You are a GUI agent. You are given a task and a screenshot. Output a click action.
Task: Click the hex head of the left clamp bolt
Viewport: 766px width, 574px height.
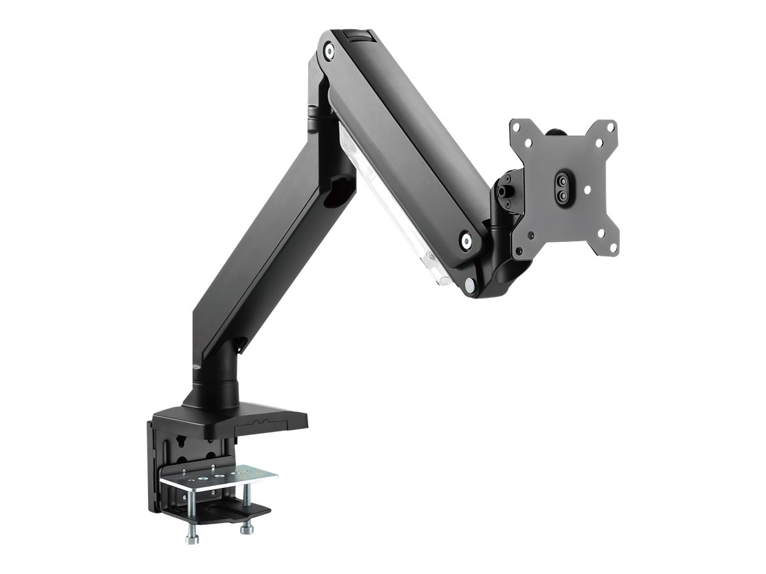[190, 540]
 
